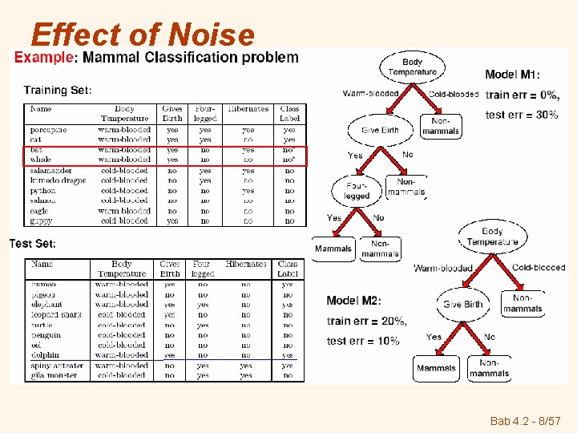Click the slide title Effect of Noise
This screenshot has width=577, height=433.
click(142, 34)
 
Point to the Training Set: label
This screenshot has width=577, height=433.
click(58, 90)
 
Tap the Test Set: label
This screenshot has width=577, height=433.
click(33, 244)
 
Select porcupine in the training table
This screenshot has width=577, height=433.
click(49, 129)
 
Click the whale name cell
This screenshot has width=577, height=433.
click(41, 160)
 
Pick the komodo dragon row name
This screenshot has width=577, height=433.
click(57, 180)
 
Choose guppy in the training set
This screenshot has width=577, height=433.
click(41, 221)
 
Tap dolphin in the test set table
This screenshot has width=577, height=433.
click(45, 354)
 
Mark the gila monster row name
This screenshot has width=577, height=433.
click(54, 375)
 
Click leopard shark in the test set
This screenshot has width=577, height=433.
click(56, 314)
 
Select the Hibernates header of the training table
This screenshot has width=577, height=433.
click(248, 109)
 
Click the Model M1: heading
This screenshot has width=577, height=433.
click(518, 75)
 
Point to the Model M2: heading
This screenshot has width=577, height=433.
click(353, 301)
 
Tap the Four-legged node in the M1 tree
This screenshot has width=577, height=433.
click(357, 191)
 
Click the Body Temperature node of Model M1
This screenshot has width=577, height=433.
click(412, 67)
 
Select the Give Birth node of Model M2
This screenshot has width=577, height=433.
click(462, 305)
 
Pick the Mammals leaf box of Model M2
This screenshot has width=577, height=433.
click(436, 368)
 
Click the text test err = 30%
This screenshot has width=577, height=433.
click(522, 115)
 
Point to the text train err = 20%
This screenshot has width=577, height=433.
click(366, 321)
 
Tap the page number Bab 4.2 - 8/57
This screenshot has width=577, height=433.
click(525, 419)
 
